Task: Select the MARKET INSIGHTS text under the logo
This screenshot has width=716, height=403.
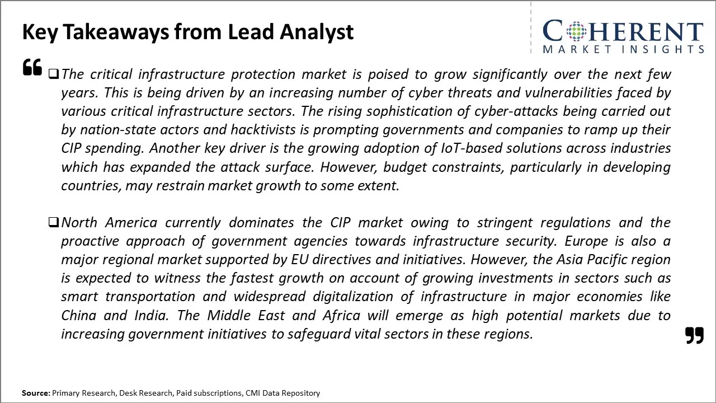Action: [x=623, y=49]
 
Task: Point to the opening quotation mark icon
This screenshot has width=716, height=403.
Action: [x=32, y=67]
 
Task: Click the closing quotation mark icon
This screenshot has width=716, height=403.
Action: [x=694, y=335]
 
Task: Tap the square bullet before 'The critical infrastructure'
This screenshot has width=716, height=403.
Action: [x=54, y=73]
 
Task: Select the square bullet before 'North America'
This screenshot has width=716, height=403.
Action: [x=54, y=222]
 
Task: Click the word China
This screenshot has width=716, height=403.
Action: [x=78, y=315]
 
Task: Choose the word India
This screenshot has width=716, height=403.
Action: [x=151, y=315]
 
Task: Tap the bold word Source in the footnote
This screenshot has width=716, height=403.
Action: [x=36, y=393]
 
